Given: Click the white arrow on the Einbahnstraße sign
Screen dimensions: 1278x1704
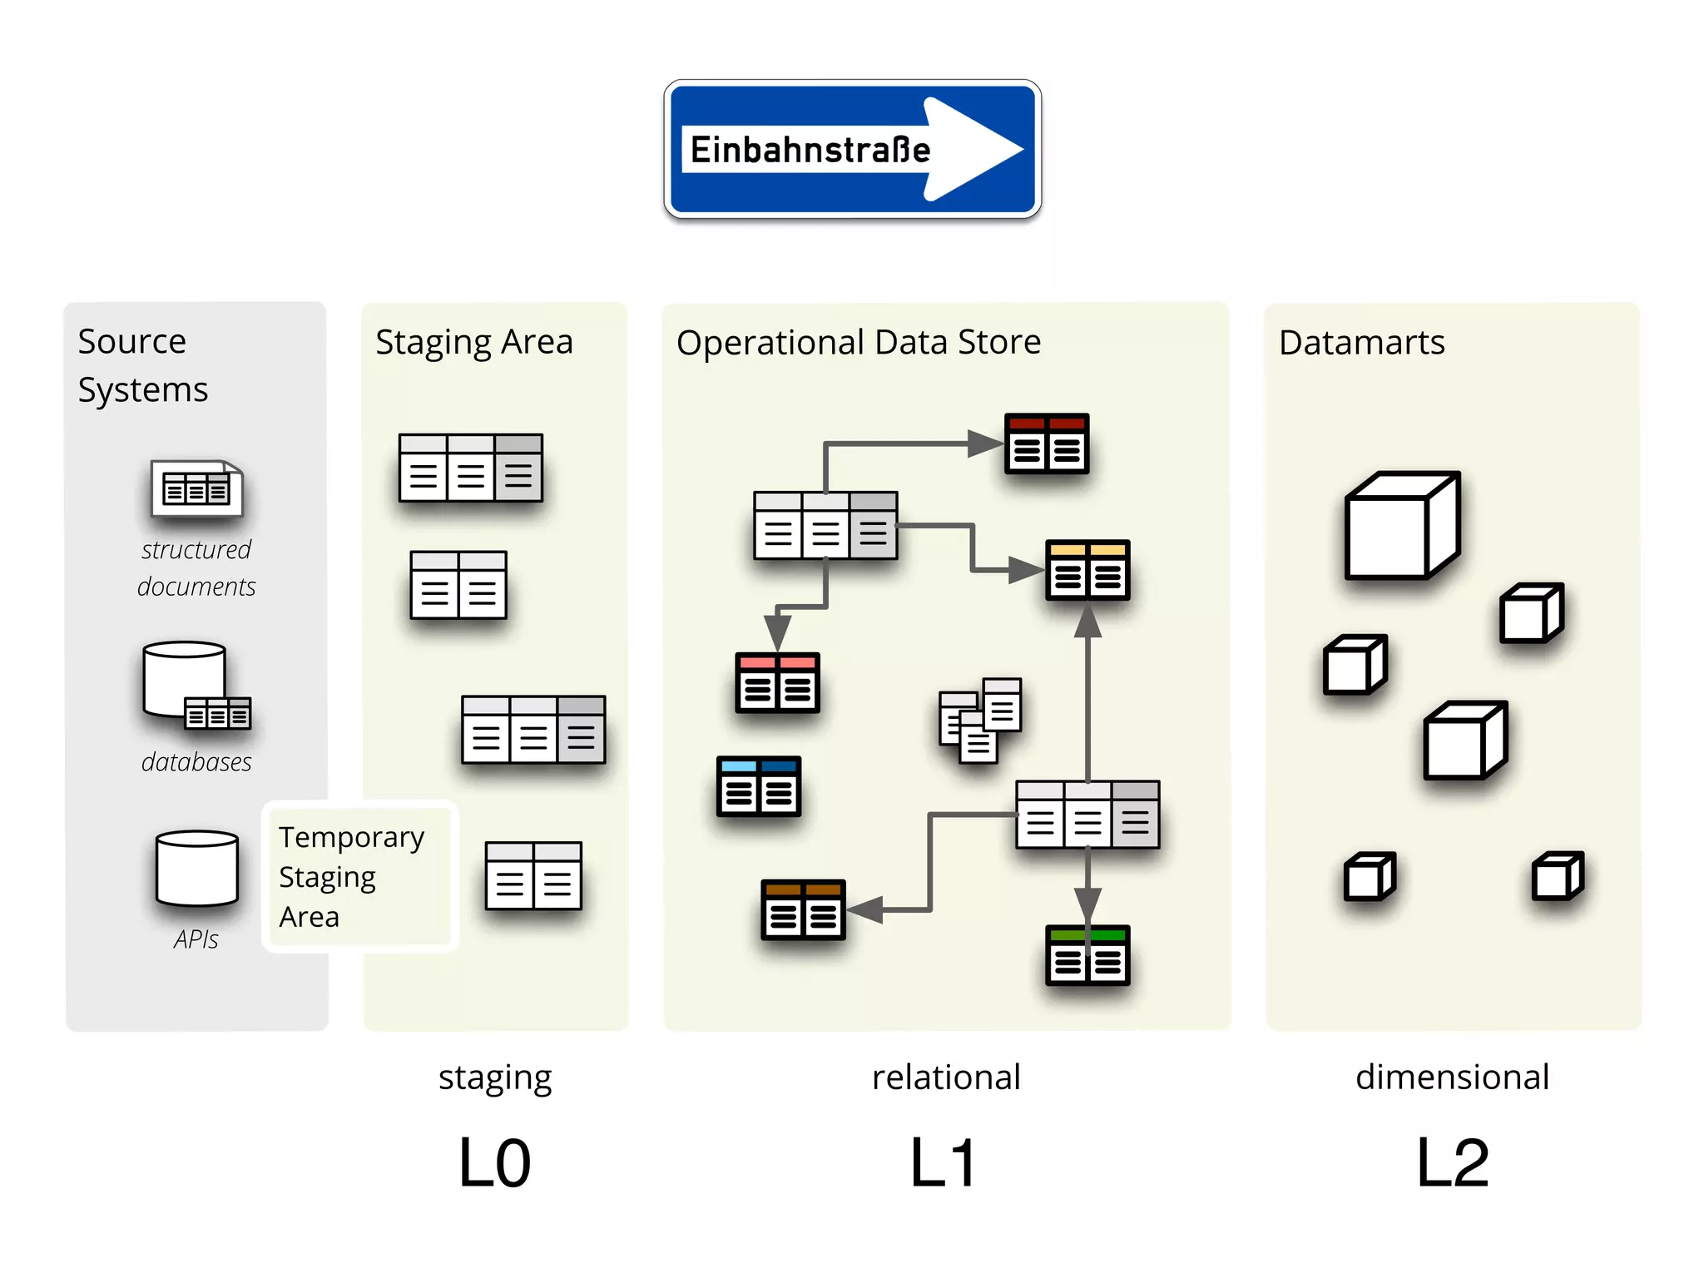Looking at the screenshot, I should [x=973, y=150].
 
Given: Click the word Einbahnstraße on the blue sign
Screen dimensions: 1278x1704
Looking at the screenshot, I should [x=810, y=151].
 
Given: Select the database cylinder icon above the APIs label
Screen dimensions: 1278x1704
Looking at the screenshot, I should [x=197, y=867].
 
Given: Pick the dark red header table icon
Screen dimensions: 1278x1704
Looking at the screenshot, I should [x=1047, y=443].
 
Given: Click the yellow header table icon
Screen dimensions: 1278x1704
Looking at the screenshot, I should [x=1087, y=570].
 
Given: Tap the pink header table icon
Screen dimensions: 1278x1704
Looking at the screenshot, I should [x=777, y=683].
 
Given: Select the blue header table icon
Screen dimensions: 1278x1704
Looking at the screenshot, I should [x=759, y=786].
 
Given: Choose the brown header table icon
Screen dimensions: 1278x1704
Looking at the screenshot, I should [x=803, y=910].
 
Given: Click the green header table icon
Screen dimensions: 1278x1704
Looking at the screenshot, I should [x=1087, y=955].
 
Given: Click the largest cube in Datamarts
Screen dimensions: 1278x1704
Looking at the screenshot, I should [x=1403, y=525].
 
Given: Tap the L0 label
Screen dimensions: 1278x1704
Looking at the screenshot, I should [x=494, y=1163].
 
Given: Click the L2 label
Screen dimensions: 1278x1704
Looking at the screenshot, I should [x=1453, y=1163].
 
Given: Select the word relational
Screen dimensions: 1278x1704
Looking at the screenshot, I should [x=946, y=1077].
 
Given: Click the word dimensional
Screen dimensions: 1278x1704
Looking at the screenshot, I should [x=1452, y=1077].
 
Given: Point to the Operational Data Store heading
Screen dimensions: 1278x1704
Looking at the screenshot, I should [x=859, y=342].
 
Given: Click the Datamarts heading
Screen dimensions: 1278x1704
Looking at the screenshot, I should [x=1362, y=343].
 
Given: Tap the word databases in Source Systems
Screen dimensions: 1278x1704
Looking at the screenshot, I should [x=196, y=761].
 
